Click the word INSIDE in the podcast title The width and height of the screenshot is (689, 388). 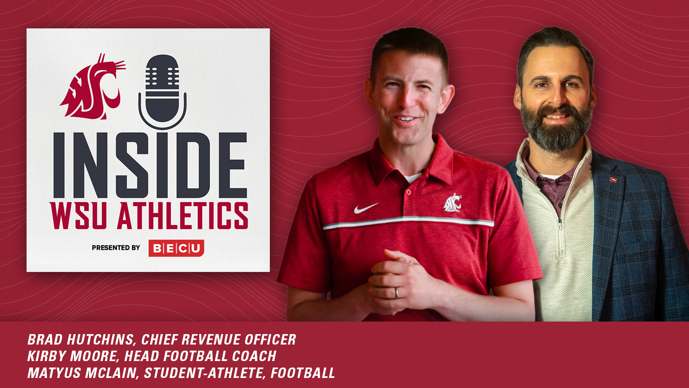[150, 165]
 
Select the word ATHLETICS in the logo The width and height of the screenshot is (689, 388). [183, 216]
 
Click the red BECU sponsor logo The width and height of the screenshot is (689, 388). [176, 248]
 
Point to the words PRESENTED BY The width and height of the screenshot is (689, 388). [116, 248]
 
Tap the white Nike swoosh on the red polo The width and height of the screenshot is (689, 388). [366, 208]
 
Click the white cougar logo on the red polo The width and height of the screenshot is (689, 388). [453, 203]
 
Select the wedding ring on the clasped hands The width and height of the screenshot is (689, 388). [397, 292]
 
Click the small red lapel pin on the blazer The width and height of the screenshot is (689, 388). [613, 179]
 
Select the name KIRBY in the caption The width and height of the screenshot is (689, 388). [47, 356]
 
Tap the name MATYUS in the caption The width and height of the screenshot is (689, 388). [54, 373]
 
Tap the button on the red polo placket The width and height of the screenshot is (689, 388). [408, 193]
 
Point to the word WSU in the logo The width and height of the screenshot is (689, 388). [78, 216]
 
